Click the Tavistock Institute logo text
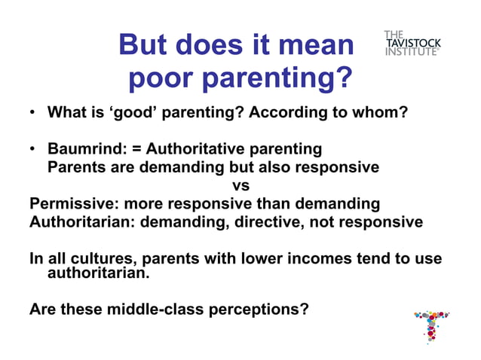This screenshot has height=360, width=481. tap(412, 44)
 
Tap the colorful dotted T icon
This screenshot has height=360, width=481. tap(431, 325)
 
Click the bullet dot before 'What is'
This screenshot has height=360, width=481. tap(32, 114)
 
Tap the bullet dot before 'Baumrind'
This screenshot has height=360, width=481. tap(32, 149)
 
